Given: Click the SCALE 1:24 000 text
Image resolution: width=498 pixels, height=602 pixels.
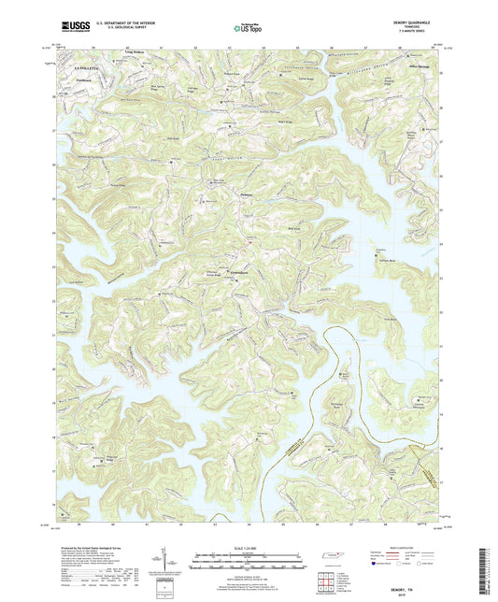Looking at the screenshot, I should click(249, 547).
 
